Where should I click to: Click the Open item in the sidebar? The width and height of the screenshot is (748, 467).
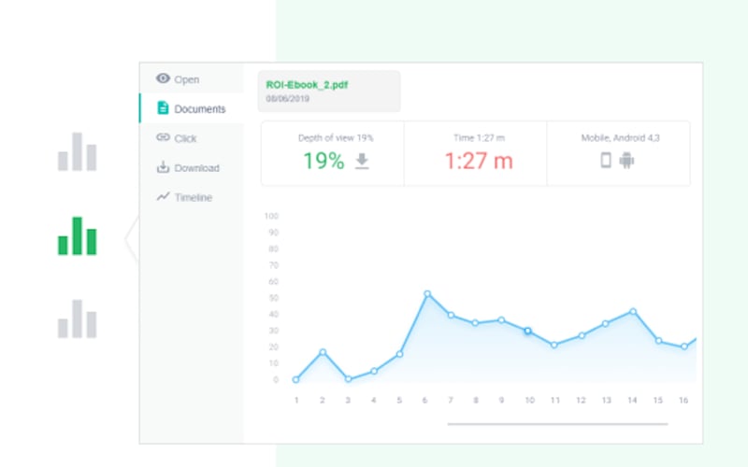(x=186, y=79)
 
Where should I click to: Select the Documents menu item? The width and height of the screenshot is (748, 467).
(x=199, y=109)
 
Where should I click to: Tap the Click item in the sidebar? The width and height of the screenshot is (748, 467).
(x=185, y=138)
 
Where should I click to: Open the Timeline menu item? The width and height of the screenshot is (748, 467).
(x=193, y=198)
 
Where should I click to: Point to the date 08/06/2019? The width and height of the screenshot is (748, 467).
(x=286, y=97)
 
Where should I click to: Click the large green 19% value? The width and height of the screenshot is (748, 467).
(x=324, y=161)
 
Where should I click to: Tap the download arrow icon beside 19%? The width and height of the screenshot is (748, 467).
(x=362, y=161)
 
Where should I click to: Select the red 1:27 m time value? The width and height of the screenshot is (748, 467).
(x=478, y=161)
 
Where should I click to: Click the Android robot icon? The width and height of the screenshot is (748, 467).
(x=626, y=161)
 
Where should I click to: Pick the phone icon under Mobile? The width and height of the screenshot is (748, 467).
(x=606, y=161)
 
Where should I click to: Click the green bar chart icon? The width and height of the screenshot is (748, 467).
(x=77, y=236)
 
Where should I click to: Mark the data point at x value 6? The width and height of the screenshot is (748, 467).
(x=427, y=294)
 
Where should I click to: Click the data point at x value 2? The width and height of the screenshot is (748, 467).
(x=323, y=352)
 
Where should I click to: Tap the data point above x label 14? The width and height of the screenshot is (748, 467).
(x=633, y=311)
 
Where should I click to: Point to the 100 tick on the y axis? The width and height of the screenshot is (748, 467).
(x=272, y=216)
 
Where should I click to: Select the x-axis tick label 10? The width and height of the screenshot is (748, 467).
(x=528, y=400)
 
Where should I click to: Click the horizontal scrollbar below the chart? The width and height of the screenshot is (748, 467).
(x=557, y=424)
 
